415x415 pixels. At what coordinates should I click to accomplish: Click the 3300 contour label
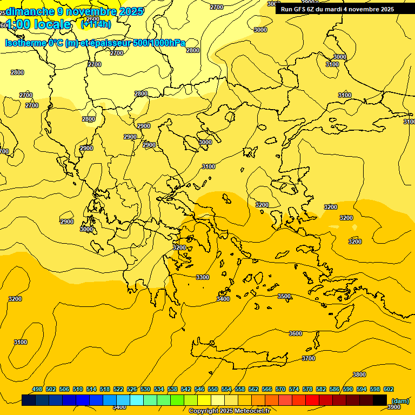(x=203, y=277)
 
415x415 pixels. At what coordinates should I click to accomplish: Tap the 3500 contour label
(x=284, y=296)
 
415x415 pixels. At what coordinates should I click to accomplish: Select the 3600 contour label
(x=296, y=333)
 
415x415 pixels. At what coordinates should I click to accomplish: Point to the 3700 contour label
(x=309, y=358)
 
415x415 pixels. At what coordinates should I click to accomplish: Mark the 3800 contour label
(x=359, y=374)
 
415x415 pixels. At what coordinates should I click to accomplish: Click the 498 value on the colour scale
(x=37, y=389)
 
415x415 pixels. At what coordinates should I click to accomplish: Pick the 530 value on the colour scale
(x=145, y=389)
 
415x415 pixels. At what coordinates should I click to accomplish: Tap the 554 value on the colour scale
(x=226, y=389)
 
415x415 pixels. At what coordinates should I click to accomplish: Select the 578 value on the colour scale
(x=307, y=389)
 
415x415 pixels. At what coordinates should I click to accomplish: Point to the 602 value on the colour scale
(x=389, y=389)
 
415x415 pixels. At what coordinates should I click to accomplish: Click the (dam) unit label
(x=400, y=400)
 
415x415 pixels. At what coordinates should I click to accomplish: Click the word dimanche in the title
(x=30, y=11)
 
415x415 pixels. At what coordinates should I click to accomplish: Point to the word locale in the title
(x=52, y=24)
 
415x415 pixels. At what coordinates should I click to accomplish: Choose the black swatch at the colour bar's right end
(x=380, y=400)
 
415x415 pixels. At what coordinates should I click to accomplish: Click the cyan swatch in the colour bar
(x=137, y=400)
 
